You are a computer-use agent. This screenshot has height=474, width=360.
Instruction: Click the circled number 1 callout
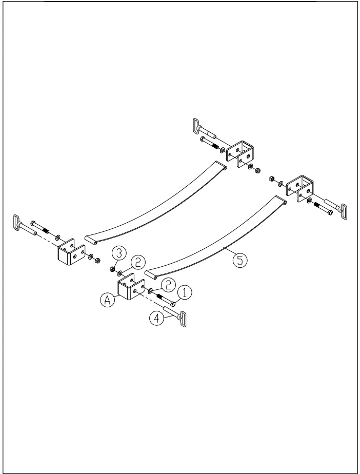(185, 292)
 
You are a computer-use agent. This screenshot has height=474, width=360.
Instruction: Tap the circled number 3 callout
(118, 252)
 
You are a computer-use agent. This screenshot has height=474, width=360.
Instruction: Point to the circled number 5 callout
(239, 260)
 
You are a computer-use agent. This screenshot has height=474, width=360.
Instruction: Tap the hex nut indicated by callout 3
(111, 268)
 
